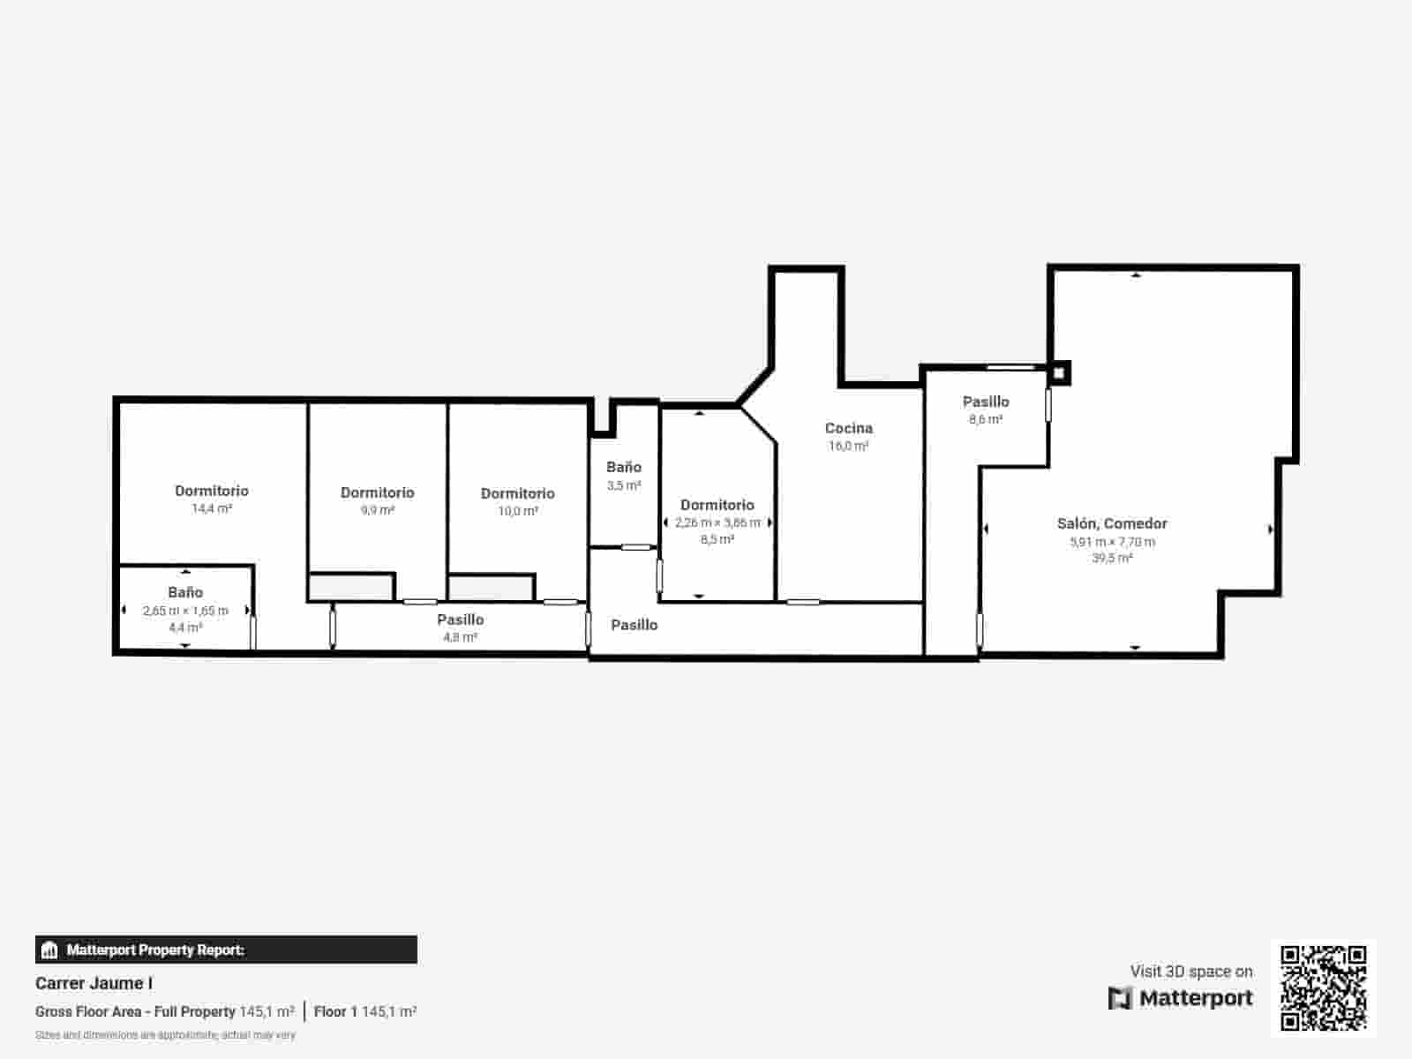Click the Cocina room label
tap(848, 428)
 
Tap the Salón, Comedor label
tap(1112, 523)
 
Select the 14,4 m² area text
tap(212, 508)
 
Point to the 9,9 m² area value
tap(377, 510)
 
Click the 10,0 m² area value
tap(517, 511)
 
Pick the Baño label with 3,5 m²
tap(623, 467)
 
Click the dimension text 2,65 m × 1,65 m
tap(185, 611)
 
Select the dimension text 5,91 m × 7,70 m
tap(1112, 542)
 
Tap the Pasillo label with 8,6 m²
tap(986, 402)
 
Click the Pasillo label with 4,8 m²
tap(460, 620)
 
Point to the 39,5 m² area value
tap(1112, 558)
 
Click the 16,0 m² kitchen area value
tap(848, 446)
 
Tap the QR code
tap(1323, 988)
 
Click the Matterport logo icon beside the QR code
tap(1120, 998)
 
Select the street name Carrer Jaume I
tap(94, 983)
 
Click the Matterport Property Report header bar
tap(226, 950)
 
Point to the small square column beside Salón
tap(1060, 372)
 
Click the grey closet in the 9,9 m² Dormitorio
tap(350, 587)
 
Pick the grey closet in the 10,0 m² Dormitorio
tap(490, 588)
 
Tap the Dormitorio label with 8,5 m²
tap(717, 505)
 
